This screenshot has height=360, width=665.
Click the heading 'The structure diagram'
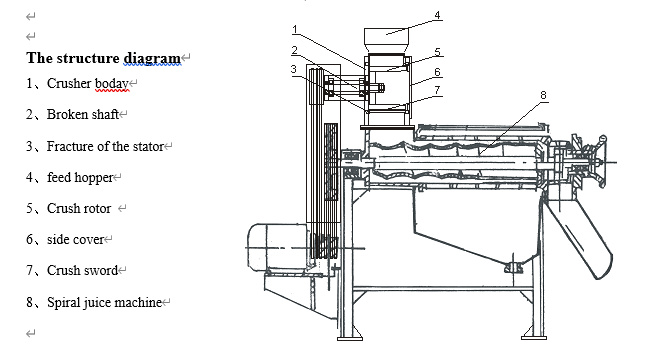(103, 57)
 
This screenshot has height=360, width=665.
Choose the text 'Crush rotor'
(78, 209)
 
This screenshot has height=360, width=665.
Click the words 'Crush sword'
(82, 271)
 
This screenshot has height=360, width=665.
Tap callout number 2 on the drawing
(294, 50)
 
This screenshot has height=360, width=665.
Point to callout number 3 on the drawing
(294, 69)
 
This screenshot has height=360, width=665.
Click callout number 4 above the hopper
(437, 16)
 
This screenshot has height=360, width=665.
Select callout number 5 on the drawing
(438, 51)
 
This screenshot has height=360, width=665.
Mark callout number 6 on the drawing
(438, 72)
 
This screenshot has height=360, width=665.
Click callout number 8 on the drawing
(543, 95)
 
